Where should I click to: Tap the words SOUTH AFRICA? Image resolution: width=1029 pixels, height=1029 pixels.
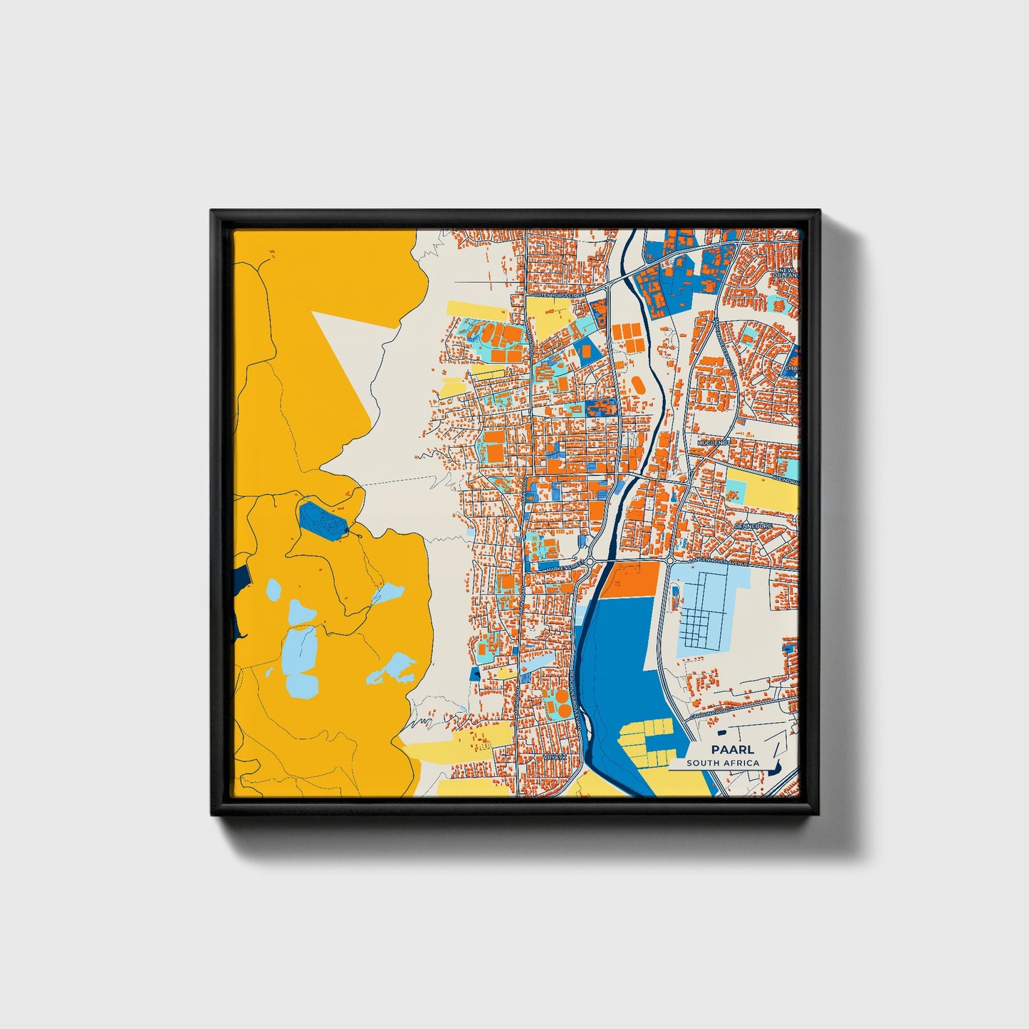(723, 763)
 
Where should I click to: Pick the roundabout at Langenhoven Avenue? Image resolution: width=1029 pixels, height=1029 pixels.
(671, 562)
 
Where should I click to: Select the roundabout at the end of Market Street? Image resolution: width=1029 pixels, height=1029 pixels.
(590, 561)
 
